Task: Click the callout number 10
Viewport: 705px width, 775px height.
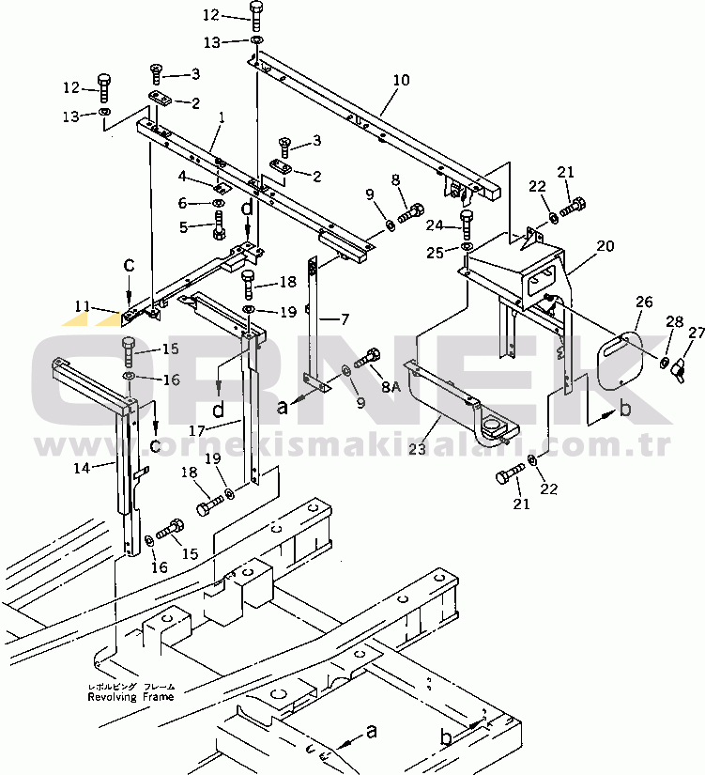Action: pyautogui.click(x=401, y=81)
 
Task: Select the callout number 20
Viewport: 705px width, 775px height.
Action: pyautogui.click(x=605, y=245)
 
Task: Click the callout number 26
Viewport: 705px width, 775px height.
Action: pyautogui.click(x=642, y=302)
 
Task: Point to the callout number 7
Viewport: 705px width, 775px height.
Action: pyautogui.click(x=343, y=320)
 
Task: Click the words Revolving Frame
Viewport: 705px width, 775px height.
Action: pyautogui.click(x=130, y=697)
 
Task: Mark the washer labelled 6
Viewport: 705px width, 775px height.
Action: pyautogui.click(x=218, y=204)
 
